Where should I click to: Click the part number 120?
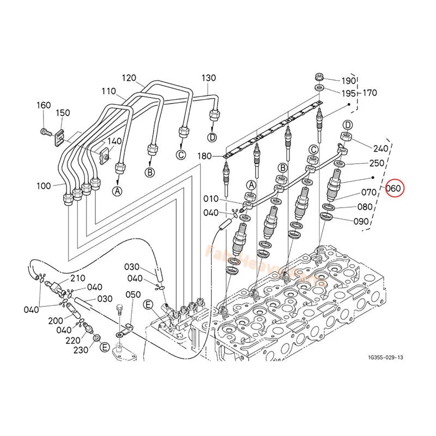pos(129,77)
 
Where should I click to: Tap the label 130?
pos(209,77)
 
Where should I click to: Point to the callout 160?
pos(44,105)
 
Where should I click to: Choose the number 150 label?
pos(63,112)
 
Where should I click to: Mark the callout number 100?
pos(44,186)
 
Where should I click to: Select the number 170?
pos(370,93)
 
